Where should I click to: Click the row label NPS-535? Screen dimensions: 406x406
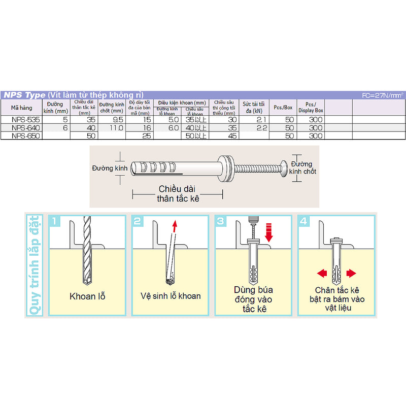(x=21, y=120)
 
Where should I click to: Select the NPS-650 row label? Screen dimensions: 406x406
(x=21, y=136)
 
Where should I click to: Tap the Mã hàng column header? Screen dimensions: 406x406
(x=21, y=107)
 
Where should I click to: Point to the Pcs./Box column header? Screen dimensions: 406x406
(x=283, y=107)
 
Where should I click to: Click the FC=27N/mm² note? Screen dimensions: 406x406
(x=383, y=95)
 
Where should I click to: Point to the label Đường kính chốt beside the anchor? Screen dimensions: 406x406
(x=303, y=168)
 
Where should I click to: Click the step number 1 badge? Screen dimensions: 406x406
(x=56, y=221)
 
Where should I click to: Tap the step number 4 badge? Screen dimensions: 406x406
(x=303, y=221)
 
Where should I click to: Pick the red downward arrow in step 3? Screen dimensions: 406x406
(x=269, y=232)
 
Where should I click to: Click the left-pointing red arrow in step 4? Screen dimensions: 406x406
(x=321, y=274)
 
